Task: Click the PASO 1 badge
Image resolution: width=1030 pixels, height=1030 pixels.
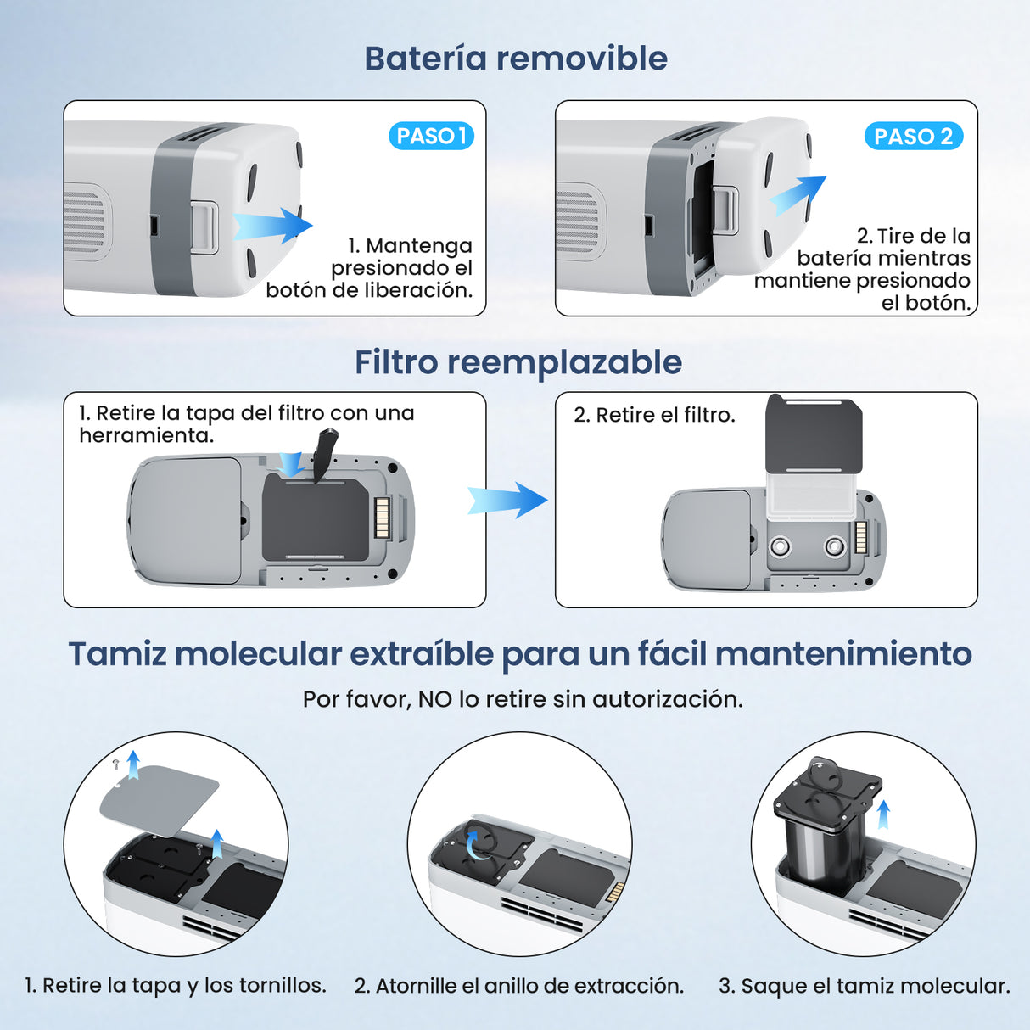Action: (431, 136)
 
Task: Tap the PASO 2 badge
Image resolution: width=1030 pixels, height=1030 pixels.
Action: (913, 136)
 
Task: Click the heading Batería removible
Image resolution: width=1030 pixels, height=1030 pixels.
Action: (516, 59)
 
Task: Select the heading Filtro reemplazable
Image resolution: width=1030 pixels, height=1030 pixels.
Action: (518, 362)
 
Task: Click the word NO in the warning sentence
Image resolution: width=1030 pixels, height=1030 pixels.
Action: (434, 699)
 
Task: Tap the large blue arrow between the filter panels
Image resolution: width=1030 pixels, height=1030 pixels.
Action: (507, 500)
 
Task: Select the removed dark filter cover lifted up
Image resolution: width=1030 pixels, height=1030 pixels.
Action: (814, 434)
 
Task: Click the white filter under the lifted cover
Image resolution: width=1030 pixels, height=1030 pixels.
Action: (811, 496)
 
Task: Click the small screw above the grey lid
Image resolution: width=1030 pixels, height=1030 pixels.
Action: (116, 764)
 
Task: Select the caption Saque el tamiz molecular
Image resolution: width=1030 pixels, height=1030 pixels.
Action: (864, 986)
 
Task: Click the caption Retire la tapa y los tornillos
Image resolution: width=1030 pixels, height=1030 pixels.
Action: (176, 986)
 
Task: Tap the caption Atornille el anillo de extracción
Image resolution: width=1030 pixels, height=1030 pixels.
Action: (518, 986)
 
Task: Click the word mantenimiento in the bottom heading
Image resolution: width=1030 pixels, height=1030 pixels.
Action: (843, 654)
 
